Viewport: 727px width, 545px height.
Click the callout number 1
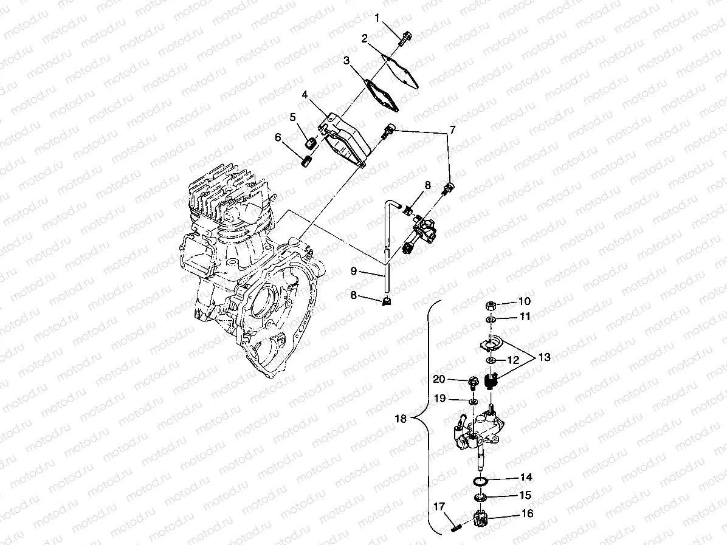[x=377, y=18]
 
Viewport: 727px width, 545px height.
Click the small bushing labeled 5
[x=311, y=143]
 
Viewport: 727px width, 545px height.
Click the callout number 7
[x=452, y=129]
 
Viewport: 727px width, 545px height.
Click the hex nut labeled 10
[x=491, y=306]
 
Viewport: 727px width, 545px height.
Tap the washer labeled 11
[x=490, y=319]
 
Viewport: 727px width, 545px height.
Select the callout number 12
[x=514, y=360]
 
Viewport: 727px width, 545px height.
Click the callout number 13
[x=544, y=357]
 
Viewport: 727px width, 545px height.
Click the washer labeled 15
[x=481, y=498]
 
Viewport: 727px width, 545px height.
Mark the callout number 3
[x=346, y=61]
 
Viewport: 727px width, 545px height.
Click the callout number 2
[x=365, y=39]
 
